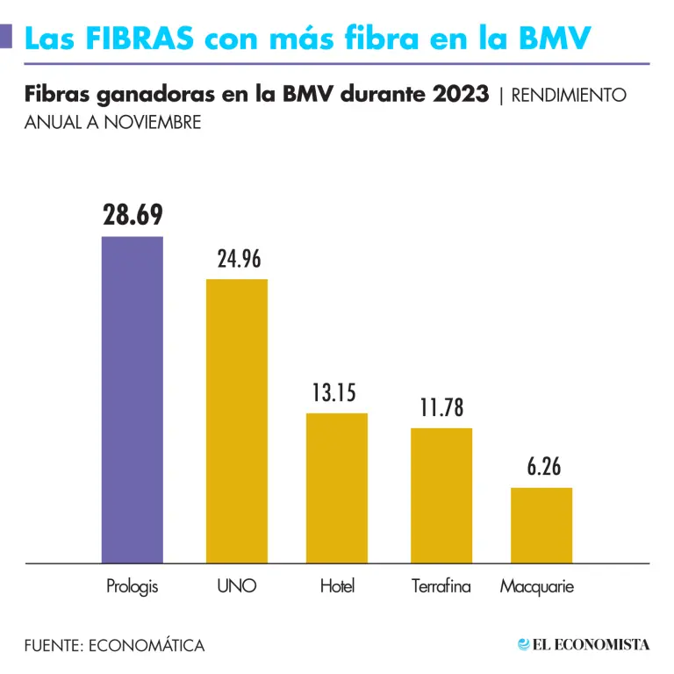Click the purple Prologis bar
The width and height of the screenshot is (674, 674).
133,399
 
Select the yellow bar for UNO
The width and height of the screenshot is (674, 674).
237,420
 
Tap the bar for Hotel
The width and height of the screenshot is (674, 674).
337,487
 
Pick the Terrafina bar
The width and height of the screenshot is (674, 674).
441,495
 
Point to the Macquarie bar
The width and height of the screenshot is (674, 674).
541,525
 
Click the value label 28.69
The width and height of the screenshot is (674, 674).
133,216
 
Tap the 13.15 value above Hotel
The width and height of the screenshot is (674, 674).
334,393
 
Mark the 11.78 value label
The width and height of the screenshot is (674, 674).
441,408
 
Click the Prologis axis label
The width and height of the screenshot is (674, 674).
133,586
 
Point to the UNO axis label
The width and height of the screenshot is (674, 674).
237,586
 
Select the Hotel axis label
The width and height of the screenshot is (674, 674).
337,586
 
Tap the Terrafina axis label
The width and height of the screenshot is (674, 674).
441,586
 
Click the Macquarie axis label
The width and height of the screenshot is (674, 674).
537,586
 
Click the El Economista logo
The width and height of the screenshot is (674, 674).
584,645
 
